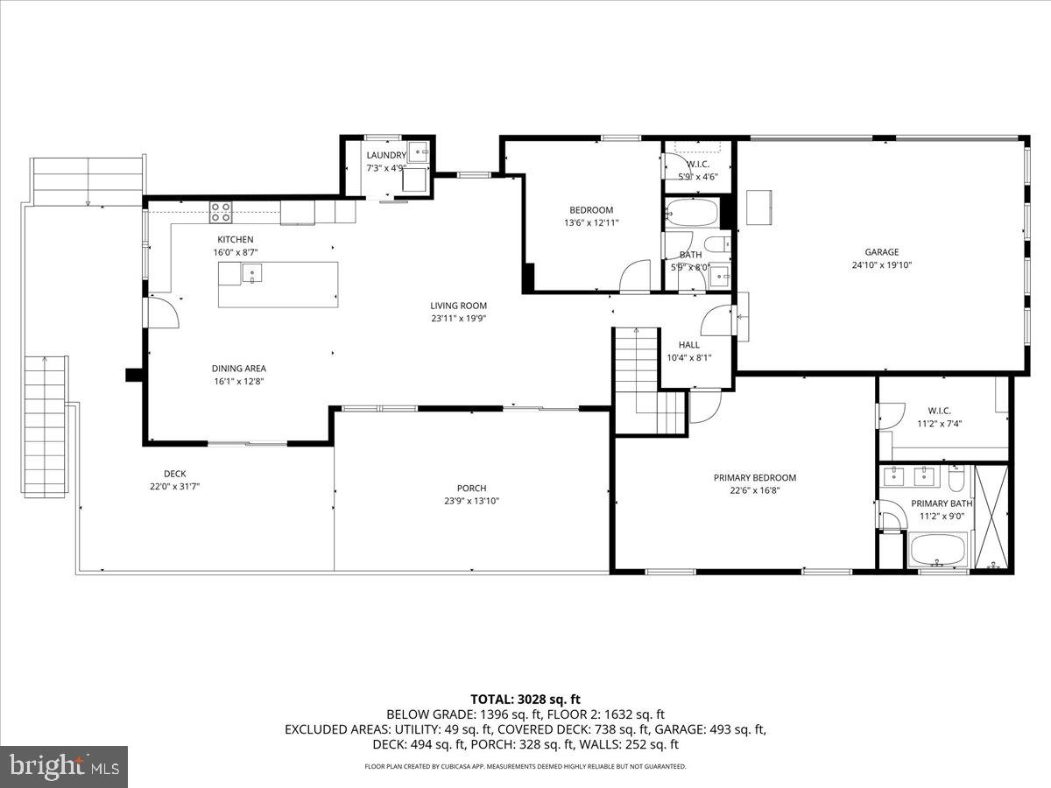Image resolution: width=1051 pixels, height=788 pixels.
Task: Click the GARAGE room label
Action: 882,252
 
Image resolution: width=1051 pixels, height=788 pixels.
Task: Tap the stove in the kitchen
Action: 221,211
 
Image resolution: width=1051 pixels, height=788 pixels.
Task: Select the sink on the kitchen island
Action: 252,274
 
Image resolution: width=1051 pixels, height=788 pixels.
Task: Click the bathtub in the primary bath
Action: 937,550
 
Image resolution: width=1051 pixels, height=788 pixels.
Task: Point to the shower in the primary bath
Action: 991,517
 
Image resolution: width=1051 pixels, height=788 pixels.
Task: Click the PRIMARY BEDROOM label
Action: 754,477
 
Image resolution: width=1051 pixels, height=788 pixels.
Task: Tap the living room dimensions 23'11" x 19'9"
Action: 458,319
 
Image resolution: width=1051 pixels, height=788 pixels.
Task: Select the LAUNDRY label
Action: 385,155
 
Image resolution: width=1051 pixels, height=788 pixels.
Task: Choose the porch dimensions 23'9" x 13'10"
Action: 471,501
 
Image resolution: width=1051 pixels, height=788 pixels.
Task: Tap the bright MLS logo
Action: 64,766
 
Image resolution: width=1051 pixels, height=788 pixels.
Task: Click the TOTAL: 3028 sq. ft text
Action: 525,699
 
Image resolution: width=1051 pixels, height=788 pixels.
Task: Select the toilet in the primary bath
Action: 956,479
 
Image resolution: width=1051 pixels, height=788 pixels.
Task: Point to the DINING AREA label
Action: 238,369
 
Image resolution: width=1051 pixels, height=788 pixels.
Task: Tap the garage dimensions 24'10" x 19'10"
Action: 882,265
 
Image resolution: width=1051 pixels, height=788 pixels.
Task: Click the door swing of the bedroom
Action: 634,278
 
